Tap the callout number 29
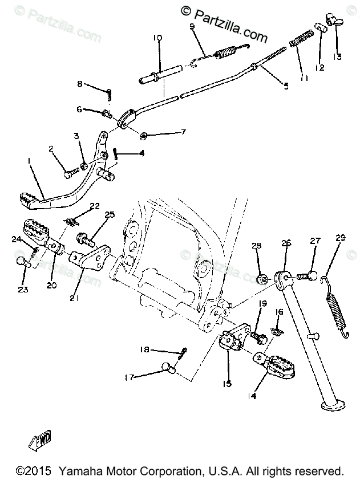click(341, 238)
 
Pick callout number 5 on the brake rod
click(286, 86)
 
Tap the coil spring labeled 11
click(301, 42)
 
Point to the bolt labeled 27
click(308, 276)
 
